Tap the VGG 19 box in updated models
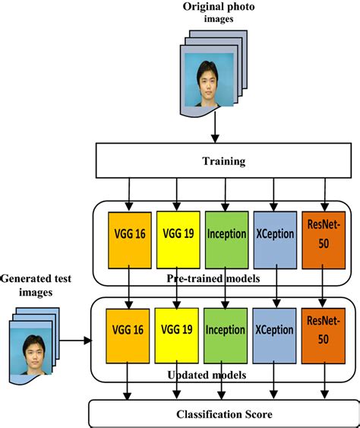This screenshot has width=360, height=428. pos(176,331)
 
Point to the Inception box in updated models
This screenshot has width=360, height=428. pos(226,331)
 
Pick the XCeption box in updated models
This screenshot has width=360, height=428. pos(274,331)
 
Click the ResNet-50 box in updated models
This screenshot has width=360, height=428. pos(324,331)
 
